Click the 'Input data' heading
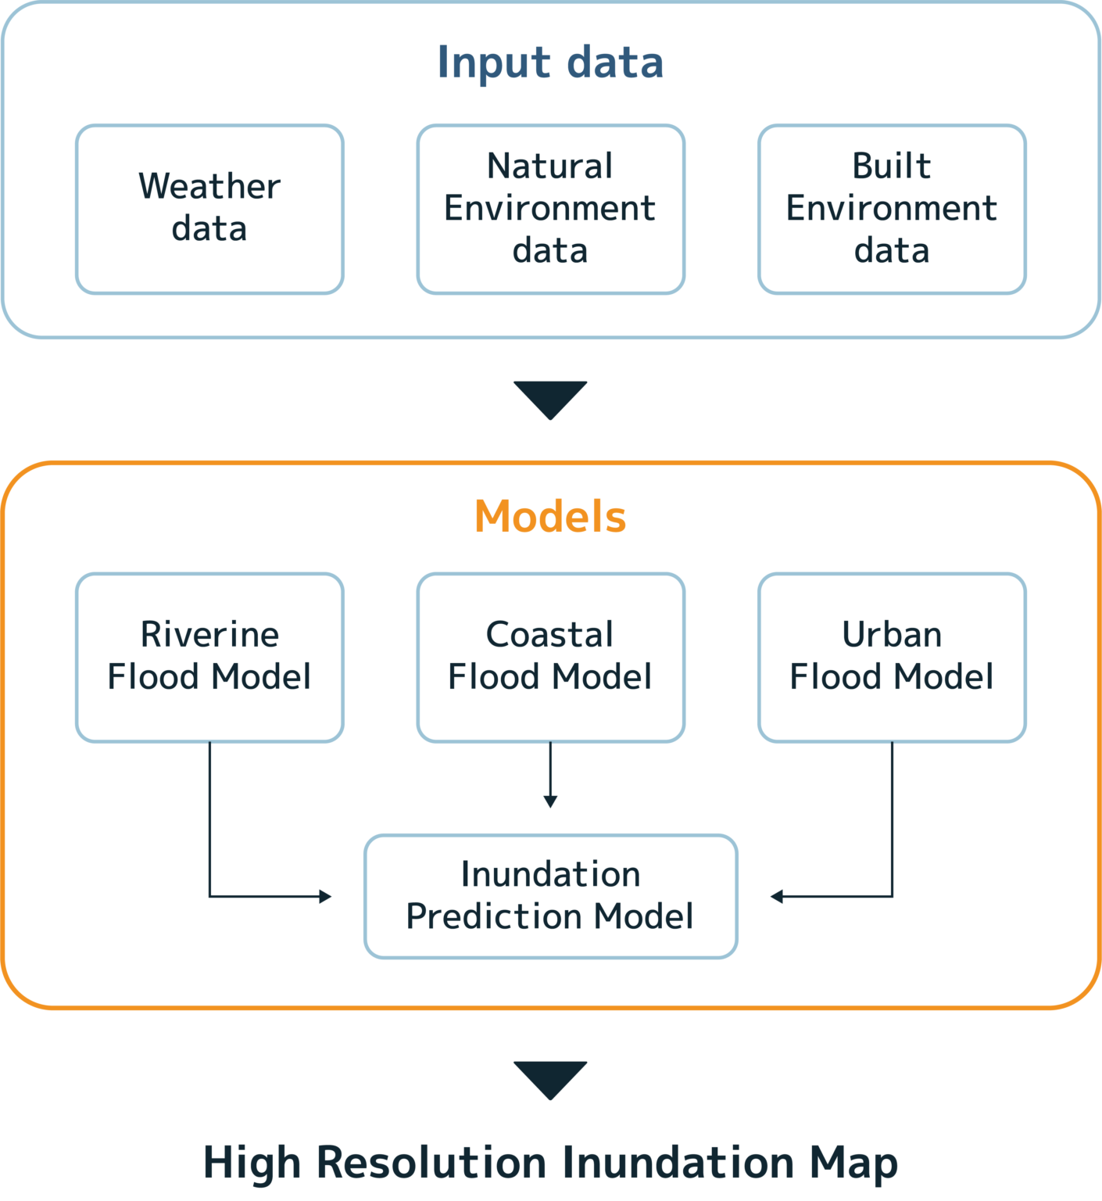tap(550, 63)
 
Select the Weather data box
tap(209, 209)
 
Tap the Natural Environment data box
tap(550, 209)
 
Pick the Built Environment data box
tap(892, 209)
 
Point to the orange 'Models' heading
tap(550, 517)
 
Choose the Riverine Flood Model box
tap(209, 657)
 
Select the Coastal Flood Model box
tap(550, 657)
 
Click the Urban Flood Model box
tap(892, 657)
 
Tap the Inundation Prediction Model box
tap(550, 896)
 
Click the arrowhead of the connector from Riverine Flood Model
tap(326, 896)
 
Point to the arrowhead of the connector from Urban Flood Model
tap(776, 896)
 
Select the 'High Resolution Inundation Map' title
tap(550, 1163)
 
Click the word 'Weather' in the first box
tap(209, 187)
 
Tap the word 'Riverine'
tap(209, 635)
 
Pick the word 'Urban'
tap(892, 635)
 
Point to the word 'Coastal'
tap(550, 635)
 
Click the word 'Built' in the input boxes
tap(892, 166)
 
